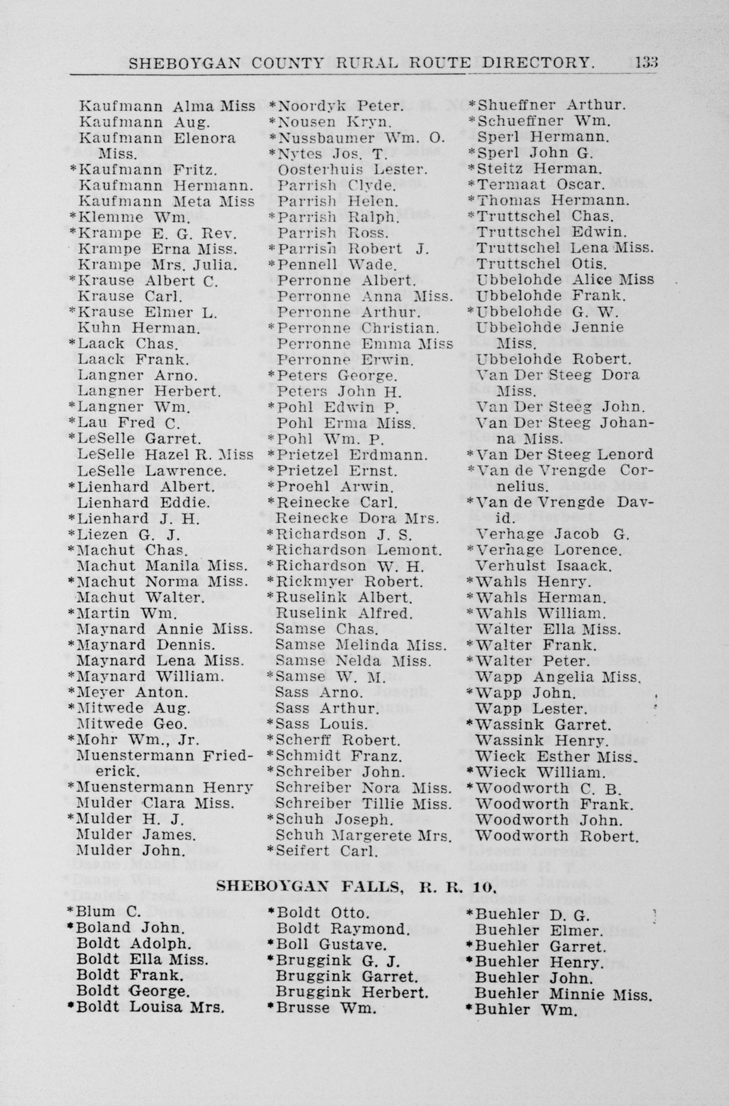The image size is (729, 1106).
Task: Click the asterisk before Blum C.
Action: pos(71,912)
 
